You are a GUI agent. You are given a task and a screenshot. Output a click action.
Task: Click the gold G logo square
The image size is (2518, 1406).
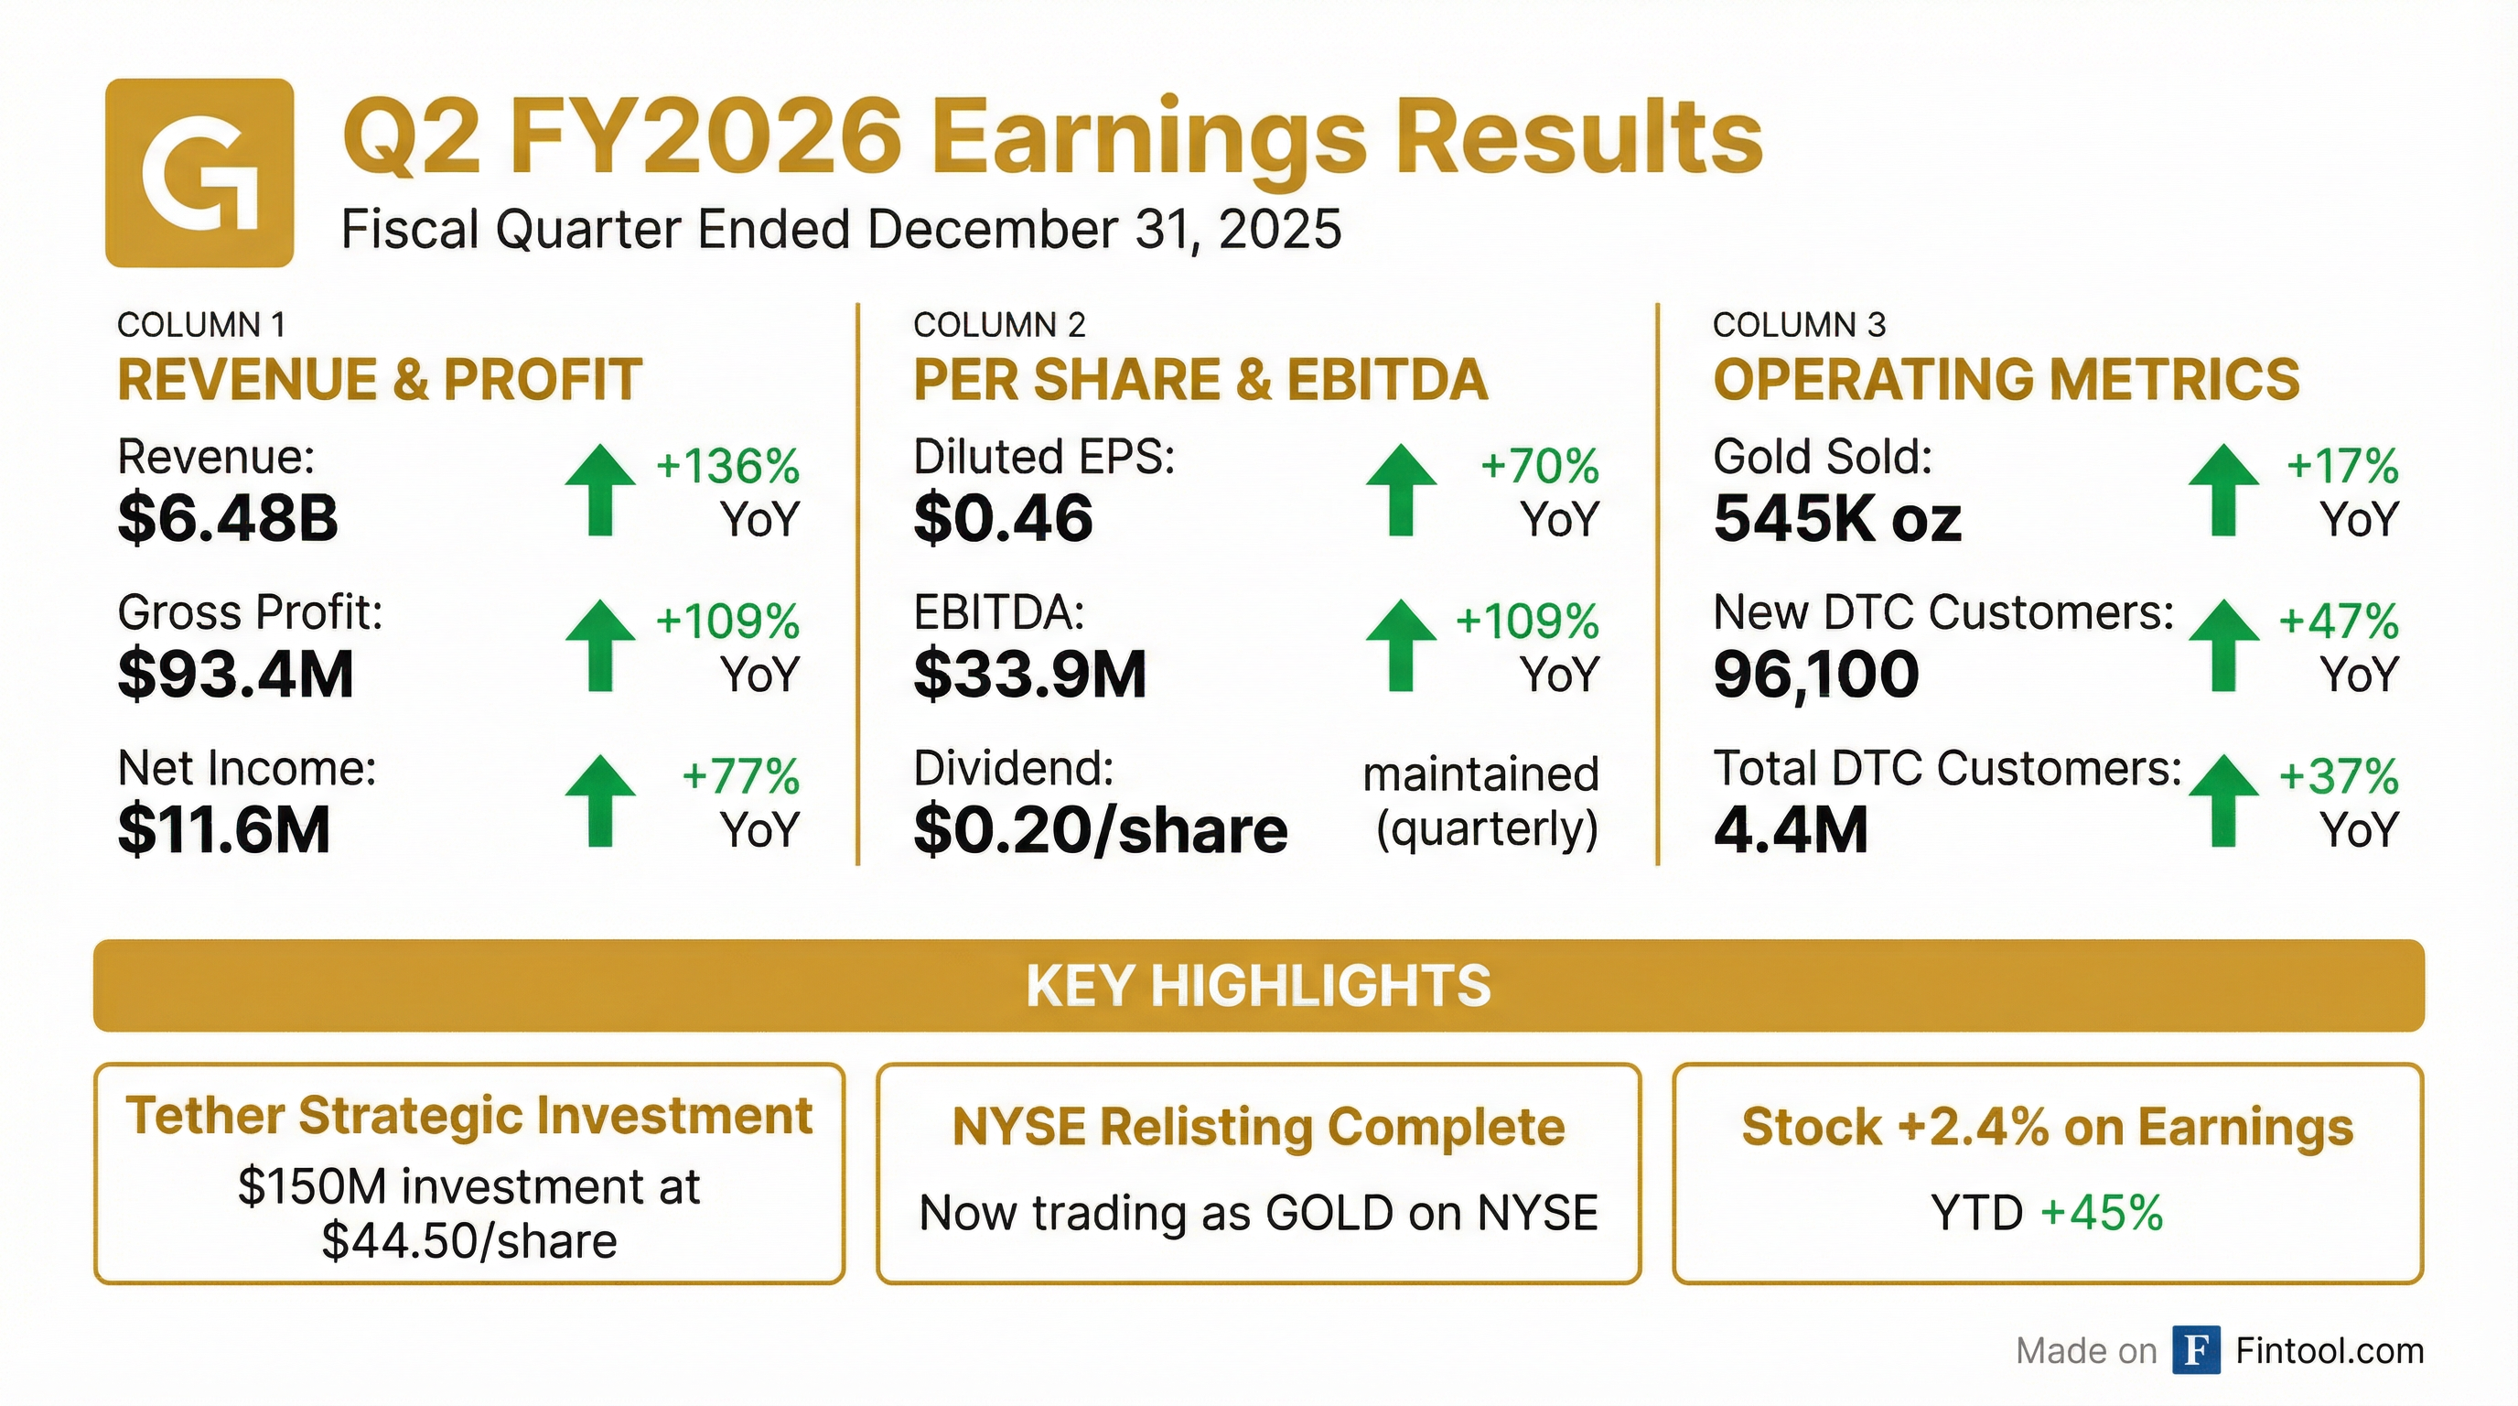[x=199, y=173]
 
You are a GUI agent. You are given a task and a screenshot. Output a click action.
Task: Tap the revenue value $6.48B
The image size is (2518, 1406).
[x=228, y=518]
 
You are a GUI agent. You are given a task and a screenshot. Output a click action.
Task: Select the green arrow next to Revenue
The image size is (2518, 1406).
[x=600, y=490]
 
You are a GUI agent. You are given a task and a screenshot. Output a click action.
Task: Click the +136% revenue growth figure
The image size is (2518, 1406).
[x=728, y=467]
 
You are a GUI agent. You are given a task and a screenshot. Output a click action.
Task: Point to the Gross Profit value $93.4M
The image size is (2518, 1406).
[x=235, y=674]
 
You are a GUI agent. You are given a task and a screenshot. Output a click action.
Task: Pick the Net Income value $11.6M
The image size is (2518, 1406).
[x=224, y=829]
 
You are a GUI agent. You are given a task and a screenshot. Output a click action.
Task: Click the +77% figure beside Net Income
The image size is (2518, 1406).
[x=741, y=777]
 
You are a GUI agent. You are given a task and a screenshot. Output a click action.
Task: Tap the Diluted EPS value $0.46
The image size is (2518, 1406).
[x=1003, y=518]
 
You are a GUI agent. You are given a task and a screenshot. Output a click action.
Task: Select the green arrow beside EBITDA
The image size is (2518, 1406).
[x=1401, y=645]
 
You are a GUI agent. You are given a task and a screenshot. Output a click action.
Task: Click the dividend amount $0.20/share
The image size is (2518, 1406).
[x=1101, y=830]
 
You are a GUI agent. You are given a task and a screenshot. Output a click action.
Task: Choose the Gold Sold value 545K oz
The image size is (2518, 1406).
[x=1836, y=518]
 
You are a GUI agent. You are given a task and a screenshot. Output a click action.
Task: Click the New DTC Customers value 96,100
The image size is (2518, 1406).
[x=1816, y=674]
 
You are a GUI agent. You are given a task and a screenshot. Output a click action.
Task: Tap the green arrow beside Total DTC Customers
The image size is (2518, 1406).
[x=2223, y=800]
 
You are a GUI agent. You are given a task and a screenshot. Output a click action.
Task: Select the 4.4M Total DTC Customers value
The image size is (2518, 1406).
[x=1791, y=829]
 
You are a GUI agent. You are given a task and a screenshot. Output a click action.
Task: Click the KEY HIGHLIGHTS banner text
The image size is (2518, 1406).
[x=1258, y=986]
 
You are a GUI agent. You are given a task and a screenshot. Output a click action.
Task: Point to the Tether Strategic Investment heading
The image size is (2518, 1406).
[x=469, y=1116]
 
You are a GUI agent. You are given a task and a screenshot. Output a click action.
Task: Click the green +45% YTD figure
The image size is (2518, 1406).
[x=2102, y=1213]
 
